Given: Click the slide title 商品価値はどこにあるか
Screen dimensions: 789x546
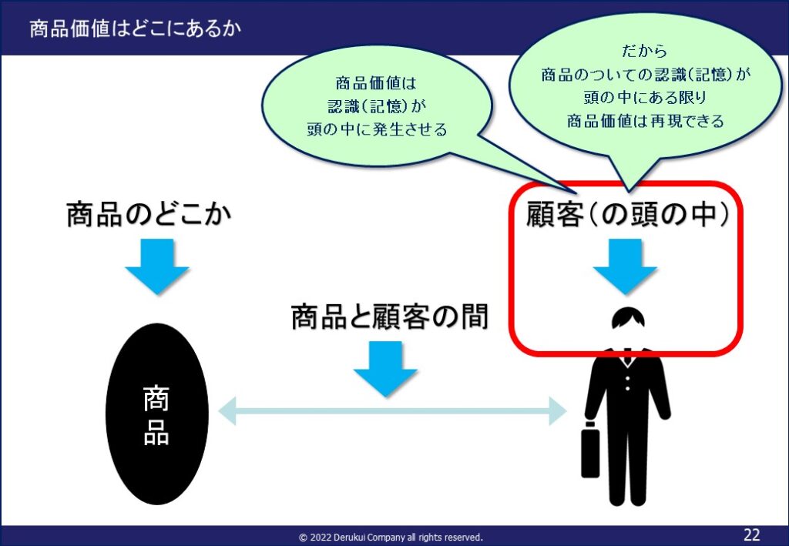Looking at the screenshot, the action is (135, 28).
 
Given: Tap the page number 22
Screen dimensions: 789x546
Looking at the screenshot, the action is (752, 534).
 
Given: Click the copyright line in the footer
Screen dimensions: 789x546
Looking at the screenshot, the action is (391, 537).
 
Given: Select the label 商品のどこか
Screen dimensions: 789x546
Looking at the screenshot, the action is (149, 215).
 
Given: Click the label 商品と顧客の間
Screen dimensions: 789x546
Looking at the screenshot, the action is (390, 317).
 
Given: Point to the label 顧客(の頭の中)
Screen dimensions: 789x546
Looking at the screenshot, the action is (627, 215).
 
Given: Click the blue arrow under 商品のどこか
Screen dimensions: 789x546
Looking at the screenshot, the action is (157, 266).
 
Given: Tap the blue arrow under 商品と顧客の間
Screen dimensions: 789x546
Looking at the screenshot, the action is (385, 369).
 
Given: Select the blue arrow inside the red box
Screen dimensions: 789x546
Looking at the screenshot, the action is (625, 266).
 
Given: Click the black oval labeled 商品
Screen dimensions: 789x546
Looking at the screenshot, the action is (157, 414).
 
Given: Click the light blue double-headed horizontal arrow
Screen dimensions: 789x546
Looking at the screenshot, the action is (392, 410).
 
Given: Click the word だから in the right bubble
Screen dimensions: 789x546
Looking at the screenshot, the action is (644, 51).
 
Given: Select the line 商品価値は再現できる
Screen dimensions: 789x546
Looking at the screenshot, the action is (645, 121).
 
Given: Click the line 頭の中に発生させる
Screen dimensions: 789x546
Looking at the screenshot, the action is (377, 129).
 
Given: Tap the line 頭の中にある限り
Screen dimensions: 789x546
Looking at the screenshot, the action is (645, 98).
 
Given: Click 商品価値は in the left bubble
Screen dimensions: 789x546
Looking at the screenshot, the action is (376, 83).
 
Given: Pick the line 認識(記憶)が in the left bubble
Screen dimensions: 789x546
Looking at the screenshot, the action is (377, 106).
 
